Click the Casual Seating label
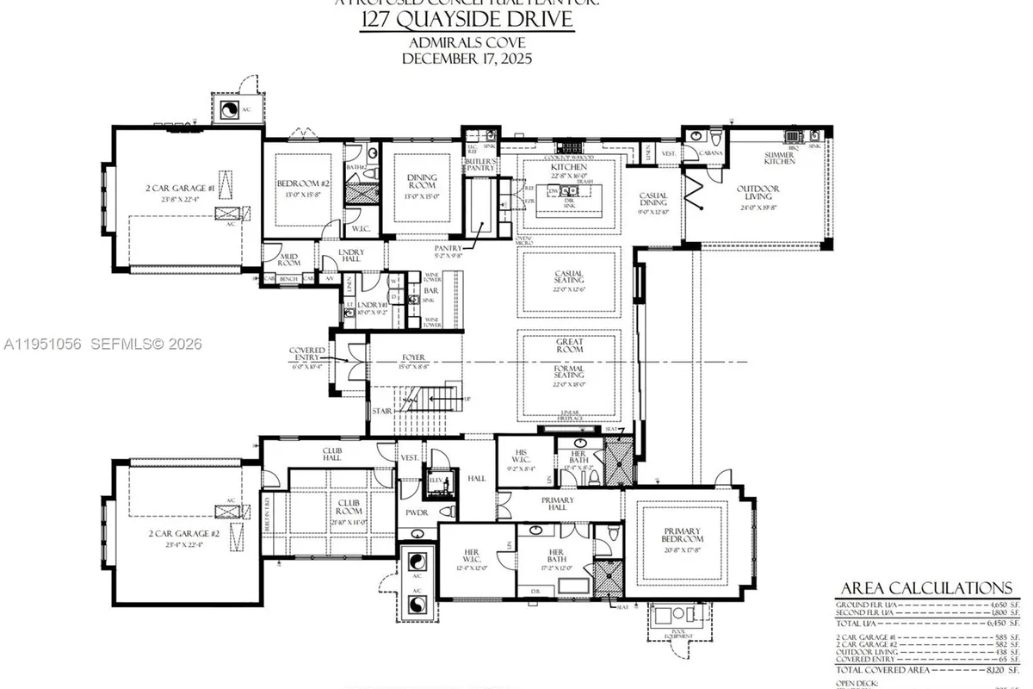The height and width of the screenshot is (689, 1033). [x=569, y=277]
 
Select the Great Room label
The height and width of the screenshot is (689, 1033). [x=569, y=345]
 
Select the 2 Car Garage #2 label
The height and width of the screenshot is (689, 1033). [x=184, y=534]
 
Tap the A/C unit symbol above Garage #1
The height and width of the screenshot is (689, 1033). [x=230, y=109]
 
